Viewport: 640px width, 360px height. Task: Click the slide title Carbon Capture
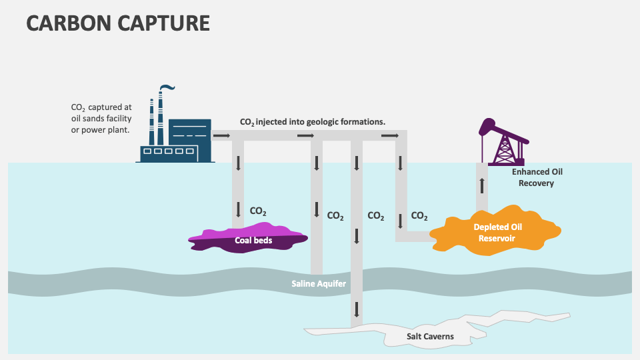point(118,23)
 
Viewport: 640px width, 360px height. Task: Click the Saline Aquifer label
point(319,284)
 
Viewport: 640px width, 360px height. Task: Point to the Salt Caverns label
point(430,337)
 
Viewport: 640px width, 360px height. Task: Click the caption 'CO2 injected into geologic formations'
point(313,122)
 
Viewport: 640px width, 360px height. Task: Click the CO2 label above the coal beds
point(258,211)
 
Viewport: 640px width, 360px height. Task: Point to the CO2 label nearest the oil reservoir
point(419,216)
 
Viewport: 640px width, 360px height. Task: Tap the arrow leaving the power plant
point(221,136)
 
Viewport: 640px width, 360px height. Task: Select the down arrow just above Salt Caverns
point(357,309)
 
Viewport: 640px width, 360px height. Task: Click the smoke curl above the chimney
point(168,87)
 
